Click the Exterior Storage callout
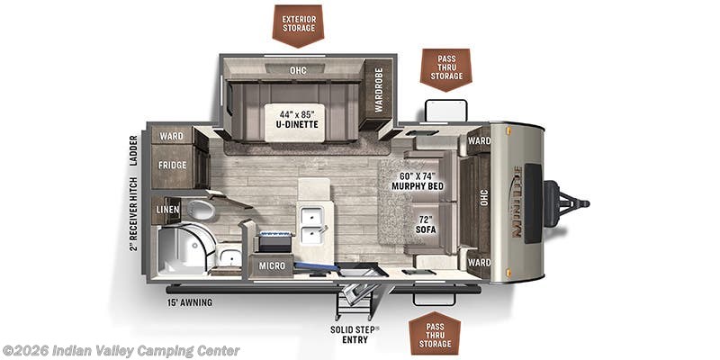point(298,22)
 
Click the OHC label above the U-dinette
point(298,70)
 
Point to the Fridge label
point(173,166)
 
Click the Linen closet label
point(168,210)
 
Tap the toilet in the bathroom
point(202,210)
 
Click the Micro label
point(273,265)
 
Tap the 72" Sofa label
point(426,224)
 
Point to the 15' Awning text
point(190,302)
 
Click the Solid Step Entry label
point(353,334)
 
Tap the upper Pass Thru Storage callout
point(445,67)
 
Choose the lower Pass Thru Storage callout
point(435,332)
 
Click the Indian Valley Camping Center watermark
point(121,350)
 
